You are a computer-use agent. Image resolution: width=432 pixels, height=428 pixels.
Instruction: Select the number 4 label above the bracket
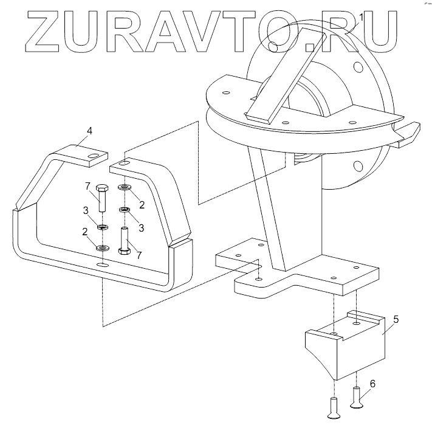[89, 131]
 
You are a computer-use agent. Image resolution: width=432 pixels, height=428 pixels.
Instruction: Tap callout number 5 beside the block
[396, 319]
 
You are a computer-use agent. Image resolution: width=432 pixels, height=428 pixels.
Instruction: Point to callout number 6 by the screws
[372, 384]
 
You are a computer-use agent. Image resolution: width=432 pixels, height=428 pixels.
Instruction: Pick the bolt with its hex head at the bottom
[125, 240]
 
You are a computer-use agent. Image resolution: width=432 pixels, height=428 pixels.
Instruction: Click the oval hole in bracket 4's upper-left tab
[92, 157]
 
